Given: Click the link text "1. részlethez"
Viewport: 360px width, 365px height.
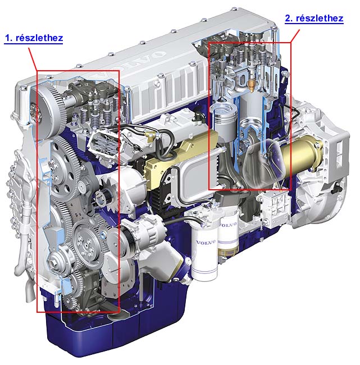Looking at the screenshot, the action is click(x=34, y=38).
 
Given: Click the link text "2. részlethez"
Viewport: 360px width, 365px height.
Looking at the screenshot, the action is click(x=314, y=18).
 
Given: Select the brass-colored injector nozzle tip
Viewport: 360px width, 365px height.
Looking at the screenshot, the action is click(x=251, y=84).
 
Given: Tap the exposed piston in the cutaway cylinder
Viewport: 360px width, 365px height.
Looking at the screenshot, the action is click(x=224, y=121).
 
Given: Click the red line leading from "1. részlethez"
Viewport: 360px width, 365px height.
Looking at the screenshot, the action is click(x=33, y=59).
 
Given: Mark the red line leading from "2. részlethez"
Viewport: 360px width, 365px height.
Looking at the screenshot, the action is click(x=295, y=36).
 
